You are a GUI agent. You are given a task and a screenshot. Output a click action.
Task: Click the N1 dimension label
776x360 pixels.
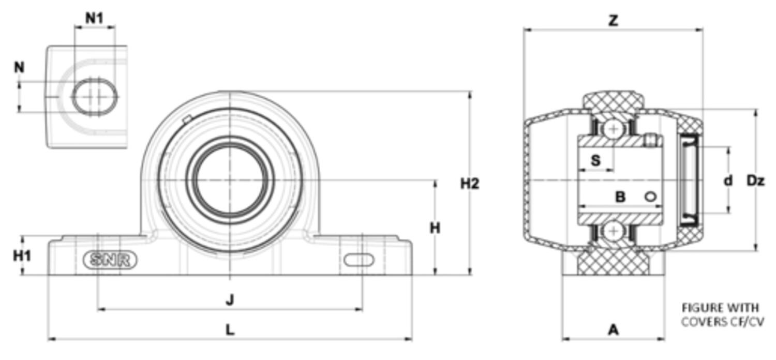coord(94,18)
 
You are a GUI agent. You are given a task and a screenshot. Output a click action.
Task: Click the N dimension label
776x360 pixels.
coord(19,67)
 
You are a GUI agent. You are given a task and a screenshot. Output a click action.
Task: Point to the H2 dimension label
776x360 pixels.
coord(470,183)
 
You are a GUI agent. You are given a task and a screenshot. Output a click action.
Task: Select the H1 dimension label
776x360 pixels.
coord(22,256)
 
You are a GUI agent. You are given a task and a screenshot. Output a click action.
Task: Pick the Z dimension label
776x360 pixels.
coord(613,21)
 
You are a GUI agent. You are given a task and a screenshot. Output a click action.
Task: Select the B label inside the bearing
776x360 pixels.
coord(620,197)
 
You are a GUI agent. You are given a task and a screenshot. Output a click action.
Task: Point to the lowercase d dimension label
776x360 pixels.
coord(728,181)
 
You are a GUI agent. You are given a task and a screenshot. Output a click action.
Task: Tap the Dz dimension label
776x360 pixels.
coord(755,181)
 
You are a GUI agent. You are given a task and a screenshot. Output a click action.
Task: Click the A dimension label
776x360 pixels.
coord(613,329)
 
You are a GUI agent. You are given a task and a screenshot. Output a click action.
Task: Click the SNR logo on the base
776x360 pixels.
coord(110,260)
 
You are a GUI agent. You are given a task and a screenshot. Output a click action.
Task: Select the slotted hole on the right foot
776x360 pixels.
coord(359,260)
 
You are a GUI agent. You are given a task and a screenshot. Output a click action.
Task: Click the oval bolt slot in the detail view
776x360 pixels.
coord(94,96)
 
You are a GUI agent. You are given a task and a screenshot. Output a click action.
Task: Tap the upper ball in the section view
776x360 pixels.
coord(614,129)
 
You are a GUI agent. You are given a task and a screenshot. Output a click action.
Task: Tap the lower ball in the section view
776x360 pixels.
coord(614,232)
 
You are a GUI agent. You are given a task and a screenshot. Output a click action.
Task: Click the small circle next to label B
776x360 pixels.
coord(650,197)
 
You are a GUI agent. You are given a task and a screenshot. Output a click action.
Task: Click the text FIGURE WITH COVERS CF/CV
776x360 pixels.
coord(722,314)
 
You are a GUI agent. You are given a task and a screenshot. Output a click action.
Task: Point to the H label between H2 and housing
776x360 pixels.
coord(435,228)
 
